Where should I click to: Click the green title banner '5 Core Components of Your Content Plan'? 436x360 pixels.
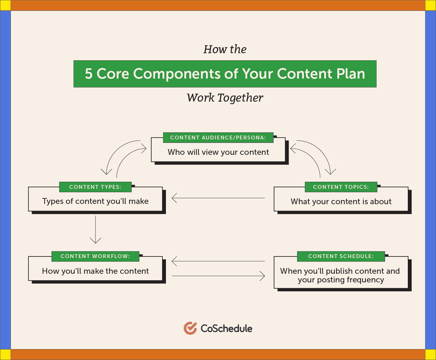(x=225, y=74)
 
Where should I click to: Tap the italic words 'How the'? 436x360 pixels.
(x=225, y=49)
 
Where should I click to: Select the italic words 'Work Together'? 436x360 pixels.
(x=225, y=98)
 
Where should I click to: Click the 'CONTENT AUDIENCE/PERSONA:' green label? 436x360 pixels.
(x=218, y=138)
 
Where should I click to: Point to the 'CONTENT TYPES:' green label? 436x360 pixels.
(x=95, y=187)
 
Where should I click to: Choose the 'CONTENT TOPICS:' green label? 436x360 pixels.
(x=341, y=187)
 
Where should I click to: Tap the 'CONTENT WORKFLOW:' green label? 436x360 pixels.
(x=95, y=256)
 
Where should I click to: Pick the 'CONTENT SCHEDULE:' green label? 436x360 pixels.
(x=341, y=256)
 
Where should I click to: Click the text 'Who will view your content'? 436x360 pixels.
(x=218, y=152)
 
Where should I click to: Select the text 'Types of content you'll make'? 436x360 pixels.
(x=95, y=201)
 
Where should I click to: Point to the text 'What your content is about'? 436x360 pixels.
(x=341, y=202)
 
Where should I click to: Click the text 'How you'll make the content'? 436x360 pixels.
(x=95, y=271)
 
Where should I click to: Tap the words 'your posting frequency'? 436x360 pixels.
(x=341, y=280)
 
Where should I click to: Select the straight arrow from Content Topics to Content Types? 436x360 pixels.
(x=218, y=198)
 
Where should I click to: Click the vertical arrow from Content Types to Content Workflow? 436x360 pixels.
(x=95, y=230)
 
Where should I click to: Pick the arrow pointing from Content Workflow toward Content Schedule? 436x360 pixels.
(x=218, y=276)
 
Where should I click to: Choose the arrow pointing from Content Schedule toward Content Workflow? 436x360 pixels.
(x=218, y=261)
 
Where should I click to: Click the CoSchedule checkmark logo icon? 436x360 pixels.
(x=190, y=328)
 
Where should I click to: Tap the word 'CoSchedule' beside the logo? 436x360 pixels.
(x=226, y=329)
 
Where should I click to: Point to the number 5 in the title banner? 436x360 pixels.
(x=89, y=74)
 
